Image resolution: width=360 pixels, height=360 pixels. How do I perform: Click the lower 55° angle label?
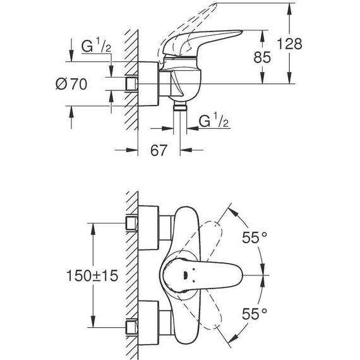(255, 313)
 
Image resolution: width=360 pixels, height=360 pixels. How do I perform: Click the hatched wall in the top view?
(131, 275)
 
